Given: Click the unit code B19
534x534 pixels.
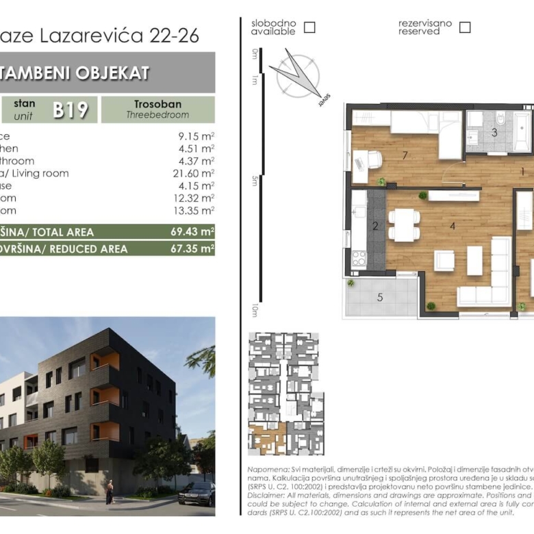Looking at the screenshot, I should pos(71,110).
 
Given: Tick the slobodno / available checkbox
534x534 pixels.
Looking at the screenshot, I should pos(309,27).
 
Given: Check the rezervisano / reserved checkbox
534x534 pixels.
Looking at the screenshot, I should pos(465,27).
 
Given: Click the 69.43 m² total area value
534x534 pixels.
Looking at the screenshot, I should pos(192,232).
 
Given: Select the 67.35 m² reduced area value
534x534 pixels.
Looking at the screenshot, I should pos(192,249).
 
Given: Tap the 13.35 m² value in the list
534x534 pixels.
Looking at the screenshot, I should pos(195,210).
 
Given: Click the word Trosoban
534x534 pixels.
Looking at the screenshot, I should pos(157,104).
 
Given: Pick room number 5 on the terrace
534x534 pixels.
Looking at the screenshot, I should pos(381,297).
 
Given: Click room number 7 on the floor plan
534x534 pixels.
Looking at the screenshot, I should pos(405,155).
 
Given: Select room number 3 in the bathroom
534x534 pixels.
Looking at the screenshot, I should pos(494,132).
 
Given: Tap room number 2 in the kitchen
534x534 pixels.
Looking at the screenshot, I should pos(375,226).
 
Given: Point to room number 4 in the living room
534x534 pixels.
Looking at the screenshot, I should pos(453,225).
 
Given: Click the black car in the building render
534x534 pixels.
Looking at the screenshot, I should pos(197,492).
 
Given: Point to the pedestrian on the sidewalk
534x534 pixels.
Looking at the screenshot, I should pos(110,492).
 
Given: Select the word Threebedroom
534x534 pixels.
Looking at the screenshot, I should pos(157,116).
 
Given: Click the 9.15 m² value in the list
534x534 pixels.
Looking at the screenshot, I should pos(195,136).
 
